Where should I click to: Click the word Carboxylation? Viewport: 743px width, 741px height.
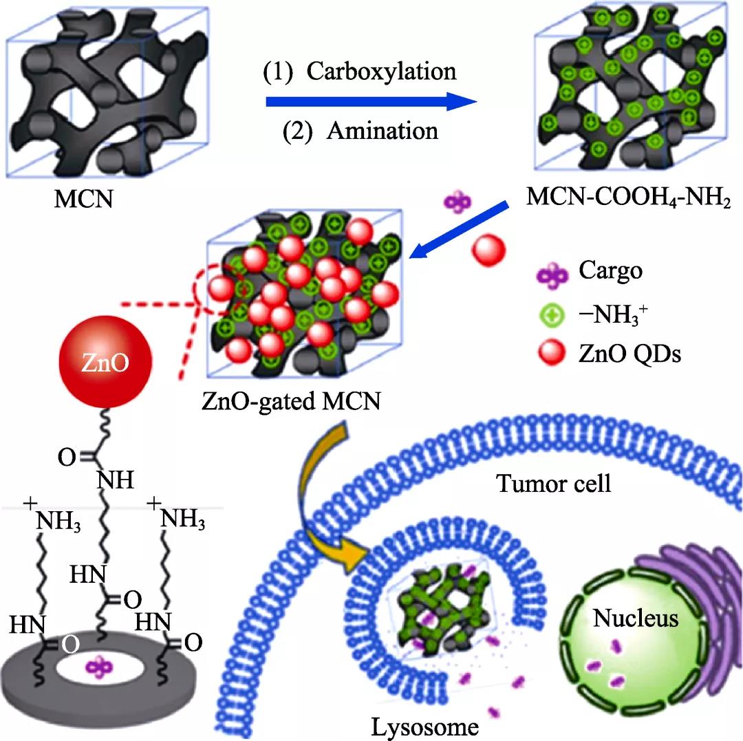(x=381, y=72)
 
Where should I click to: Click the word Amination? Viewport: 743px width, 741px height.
(x=382, y=130)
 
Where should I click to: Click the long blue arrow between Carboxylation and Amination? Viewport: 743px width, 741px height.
(x=371, y=102)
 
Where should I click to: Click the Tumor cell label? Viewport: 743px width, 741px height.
(x=554, y=483)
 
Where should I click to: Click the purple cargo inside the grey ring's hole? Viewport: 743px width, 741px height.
(x=99, y=665)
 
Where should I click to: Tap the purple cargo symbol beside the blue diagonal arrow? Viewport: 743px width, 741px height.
(x=456, y=202)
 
